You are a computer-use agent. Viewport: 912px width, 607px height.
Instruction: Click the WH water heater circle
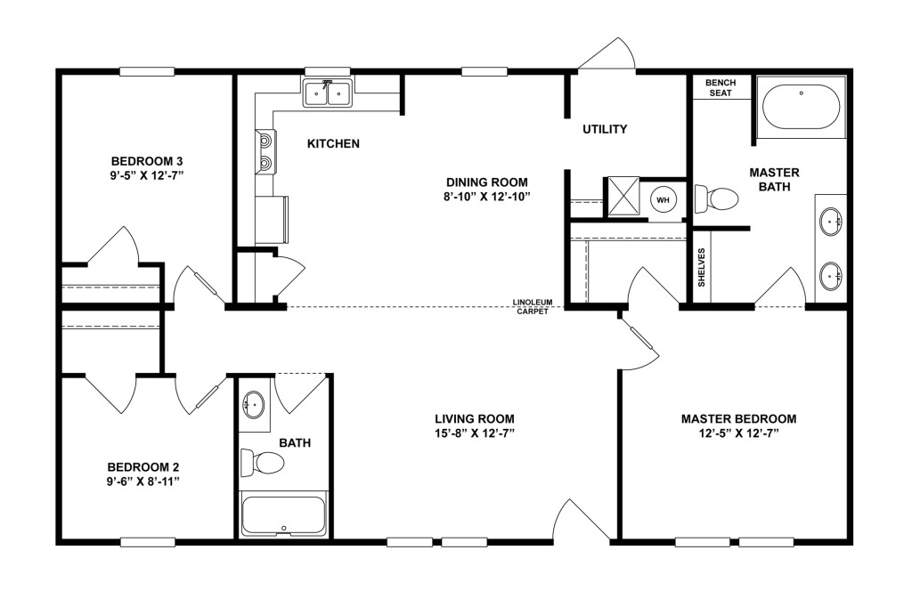pyautogui.click(x=663, y=200)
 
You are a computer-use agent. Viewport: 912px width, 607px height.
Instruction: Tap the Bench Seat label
pyautogui.click(x=721, y=88)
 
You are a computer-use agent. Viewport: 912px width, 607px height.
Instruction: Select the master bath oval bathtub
pyautogui.click(x=801, y=108)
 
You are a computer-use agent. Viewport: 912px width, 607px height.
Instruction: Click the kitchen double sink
pyautogui.click(x=328, y=93)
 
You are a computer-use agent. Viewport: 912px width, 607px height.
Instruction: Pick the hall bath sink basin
pyautogui.click(x=254, y=403)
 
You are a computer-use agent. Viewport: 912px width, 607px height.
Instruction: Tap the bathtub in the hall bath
pyautogui.click(x=283, y=514)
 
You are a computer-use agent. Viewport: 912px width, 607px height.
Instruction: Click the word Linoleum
pyautogui.click(x=533, y=303)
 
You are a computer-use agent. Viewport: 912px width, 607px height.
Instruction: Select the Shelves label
pyautogui.click(x=701, y=267)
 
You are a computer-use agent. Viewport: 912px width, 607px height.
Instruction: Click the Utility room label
pyautogui.click(x=605, y=129)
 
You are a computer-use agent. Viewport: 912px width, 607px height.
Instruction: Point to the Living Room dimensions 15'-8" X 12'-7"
pyautogui.click(x=474, y=433)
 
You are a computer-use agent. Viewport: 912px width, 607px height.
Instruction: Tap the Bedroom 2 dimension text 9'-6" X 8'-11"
pyautogui.click(x=143, y=482)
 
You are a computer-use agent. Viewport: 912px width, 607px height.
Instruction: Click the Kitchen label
pyautogui.click(x=333, y=143)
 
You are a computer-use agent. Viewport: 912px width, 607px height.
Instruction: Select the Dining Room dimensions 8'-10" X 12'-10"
pyautogui.click(x=487, y=197)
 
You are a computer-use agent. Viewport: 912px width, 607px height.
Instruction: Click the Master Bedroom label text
pyautogui.click(x=738, y=418)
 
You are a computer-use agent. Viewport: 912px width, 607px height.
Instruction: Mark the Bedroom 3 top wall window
pyautogui.click(x=147, y=71)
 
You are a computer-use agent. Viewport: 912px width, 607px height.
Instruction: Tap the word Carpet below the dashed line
pyautogui.click(x=533, y=312)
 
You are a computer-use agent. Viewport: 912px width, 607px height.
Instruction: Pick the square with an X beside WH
pyautogui.click(x=623, y=197)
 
